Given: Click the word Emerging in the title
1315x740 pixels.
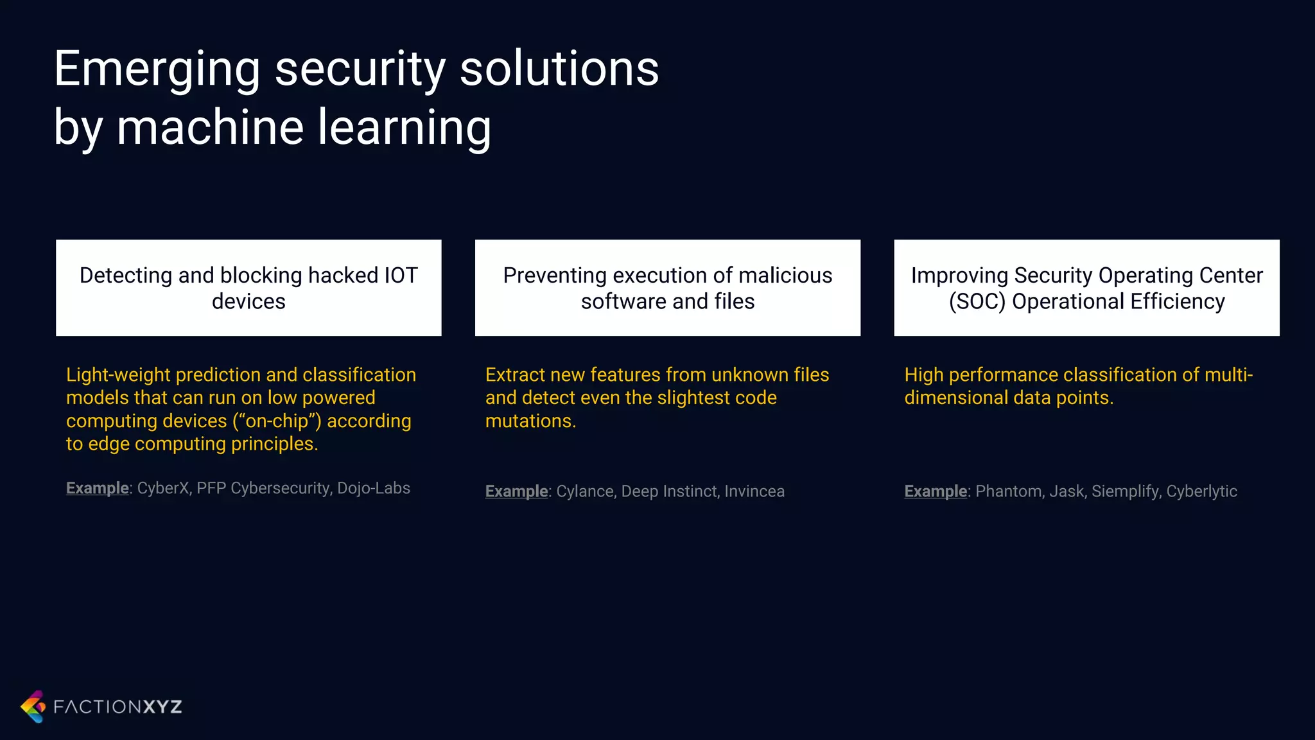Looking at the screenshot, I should click(157, 69).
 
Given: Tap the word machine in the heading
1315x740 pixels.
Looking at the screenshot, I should click(209, 127).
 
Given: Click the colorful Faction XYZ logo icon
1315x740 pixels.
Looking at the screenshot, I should click(33, 707).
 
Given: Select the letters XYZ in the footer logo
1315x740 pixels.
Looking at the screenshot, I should click(162, 707).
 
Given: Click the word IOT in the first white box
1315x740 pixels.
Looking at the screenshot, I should click(401, 275).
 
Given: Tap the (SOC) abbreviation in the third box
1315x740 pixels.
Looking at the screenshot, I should click(977, 301).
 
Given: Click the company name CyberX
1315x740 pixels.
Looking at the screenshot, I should click(163, 488).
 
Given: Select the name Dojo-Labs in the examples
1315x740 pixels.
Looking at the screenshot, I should click(373, 488).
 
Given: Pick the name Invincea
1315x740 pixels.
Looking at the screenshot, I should click(754, 491).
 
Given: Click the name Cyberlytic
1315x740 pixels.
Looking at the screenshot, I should click(1201, 491).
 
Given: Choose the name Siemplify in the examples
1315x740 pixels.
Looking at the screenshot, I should click(1125, 491).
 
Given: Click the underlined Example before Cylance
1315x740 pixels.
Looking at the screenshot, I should click(516, 491).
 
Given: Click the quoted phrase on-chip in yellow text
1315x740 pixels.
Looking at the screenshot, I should click(277, 421).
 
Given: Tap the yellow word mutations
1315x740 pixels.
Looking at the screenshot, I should click(530, 421).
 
